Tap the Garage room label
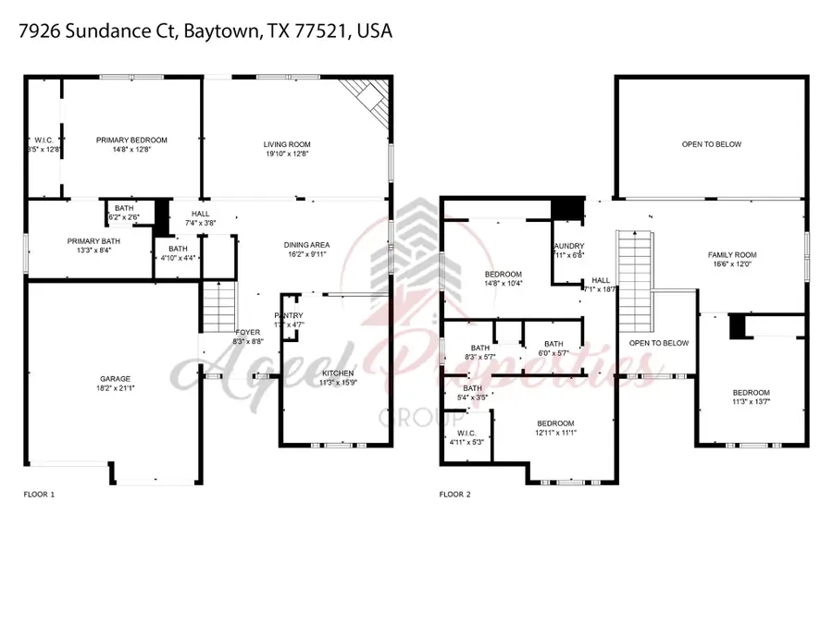[115, 378]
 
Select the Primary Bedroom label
[131, 140]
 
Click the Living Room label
[287, 144]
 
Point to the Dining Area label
[306, 245]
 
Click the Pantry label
[289, 316]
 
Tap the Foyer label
[247, 331]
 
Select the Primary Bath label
[88, 241]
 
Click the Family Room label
[732, 255]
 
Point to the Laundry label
[567, 245]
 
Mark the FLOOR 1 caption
[39, 495]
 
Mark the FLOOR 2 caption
[455, 495]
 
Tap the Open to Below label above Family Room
[711, 144]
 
